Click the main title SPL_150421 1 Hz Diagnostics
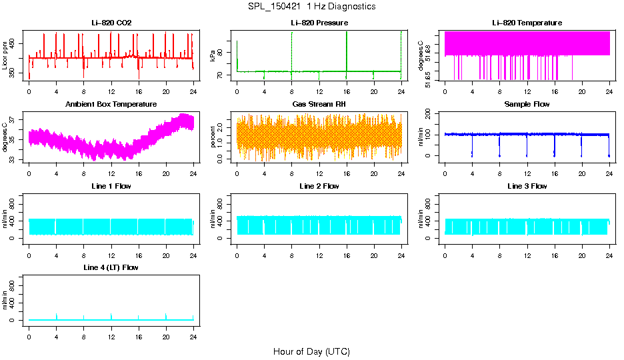tap(311, 7)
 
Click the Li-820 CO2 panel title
tap(111, 23)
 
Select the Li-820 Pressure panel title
tap(319, 23)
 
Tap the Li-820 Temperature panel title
tap(527, 23)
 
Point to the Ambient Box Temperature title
tap(111, 105)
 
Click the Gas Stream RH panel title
tap(319, 105)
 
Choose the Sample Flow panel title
tap(527, 105)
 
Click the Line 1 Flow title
tap(111, 186)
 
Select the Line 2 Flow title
tap(319, 186)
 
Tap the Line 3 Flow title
tap(527, 186)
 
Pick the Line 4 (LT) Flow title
tap(111, 267)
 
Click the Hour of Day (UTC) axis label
tap(311, 351)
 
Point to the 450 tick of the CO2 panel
tap(16, 43)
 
